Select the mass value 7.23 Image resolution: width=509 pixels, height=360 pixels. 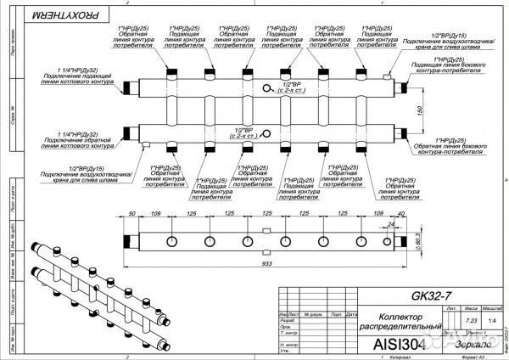(x=472, y=320)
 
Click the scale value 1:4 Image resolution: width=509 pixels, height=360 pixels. (x=493, y=320)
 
